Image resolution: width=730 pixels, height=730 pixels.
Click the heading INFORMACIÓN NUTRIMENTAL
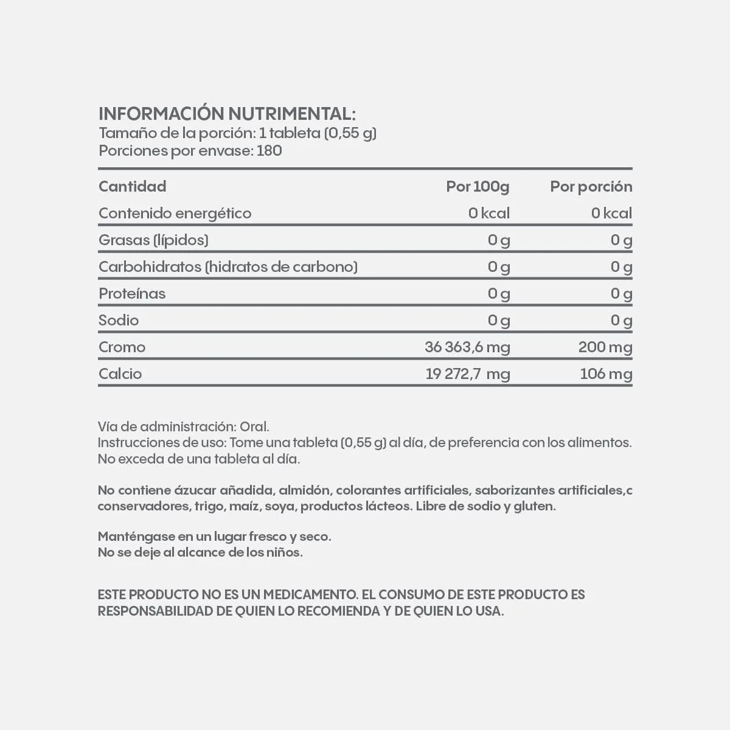(226, 114)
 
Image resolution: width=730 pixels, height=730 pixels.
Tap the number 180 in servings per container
(269, 151)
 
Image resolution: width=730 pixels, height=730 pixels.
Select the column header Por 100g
(478, 187)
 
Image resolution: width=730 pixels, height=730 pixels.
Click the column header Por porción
(591, 187)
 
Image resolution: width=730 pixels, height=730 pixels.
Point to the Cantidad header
(132, 187)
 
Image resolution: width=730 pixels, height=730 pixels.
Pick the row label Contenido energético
(175, 214)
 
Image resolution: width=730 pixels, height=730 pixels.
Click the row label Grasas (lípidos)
(153, 240)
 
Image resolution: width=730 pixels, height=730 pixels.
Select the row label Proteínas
(132, 294)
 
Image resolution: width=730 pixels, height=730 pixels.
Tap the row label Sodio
(119, 321)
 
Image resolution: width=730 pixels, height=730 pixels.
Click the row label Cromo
(122, 347)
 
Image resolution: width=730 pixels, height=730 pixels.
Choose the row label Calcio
(120, 374)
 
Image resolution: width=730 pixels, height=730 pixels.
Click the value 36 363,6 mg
(467, 347)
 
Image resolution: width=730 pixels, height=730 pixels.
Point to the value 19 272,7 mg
(467, 374)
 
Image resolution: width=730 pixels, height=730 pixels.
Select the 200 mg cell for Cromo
(605, 347)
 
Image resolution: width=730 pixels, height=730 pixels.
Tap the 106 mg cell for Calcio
(606, 374)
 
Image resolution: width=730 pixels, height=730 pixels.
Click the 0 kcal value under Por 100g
(489, 214)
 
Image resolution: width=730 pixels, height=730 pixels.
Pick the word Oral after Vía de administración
(254, 427)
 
